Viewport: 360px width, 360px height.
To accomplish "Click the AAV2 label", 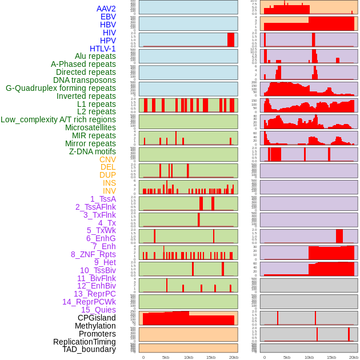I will (x=106, y=9).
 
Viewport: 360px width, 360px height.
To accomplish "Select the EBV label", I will (x=107, y=17).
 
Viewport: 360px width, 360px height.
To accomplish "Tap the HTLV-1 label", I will (x=102, y=49).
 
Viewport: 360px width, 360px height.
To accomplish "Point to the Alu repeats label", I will (x=95, y=56).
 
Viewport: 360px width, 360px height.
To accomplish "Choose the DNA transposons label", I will (x=85, y=80).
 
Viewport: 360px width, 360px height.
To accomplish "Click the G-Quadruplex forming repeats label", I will (x=61, y=88).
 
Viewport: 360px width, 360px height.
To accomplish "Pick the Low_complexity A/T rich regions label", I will (x=58, y=119).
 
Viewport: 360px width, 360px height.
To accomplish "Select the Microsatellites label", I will (x=90, y=127).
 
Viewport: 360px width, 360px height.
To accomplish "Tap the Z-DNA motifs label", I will (x=92, y=151).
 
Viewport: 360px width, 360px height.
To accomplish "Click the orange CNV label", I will (x=107, y=159).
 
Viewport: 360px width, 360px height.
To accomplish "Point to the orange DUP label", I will (x=107, y=175).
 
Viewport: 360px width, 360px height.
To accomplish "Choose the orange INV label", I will (x=109, y=191).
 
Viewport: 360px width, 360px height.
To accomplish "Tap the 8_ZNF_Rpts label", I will (x=93, y=254).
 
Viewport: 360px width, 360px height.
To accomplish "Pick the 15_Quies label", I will (x=98, y=310).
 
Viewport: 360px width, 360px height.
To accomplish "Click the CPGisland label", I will (x=97, y=318).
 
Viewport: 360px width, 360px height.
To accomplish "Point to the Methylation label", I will (x=95, y=326).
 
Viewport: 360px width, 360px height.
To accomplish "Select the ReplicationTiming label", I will (x=84, y=342).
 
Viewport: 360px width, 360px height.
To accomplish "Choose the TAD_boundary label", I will (x=89, y=349).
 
